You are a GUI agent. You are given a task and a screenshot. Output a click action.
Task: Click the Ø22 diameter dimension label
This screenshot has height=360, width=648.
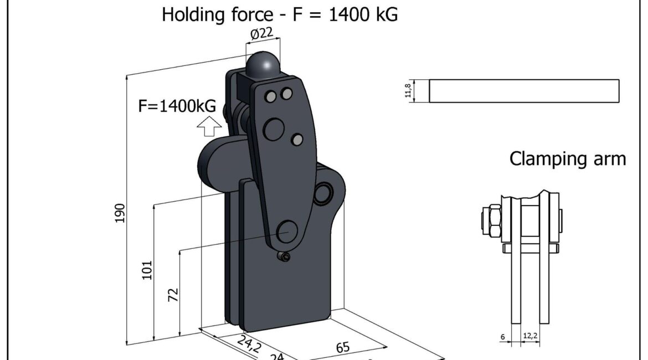pos(262,33)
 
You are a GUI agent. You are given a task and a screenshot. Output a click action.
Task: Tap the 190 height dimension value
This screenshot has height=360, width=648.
pos(120,213)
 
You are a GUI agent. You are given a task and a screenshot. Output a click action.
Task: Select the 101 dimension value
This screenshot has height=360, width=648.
pos(147,270)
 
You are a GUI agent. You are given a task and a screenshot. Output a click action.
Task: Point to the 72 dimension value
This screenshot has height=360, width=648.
pos(173,295)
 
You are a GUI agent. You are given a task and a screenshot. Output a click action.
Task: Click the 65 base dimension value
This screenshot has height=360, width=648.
pos(343,347)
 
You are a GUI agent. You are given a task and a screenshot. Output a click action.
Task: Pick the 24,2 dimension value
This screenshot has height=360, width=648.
pos(249,343)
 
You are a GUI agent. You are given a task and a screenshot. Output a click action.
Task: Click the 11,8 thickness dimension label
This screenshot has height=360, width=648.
pos(408,90)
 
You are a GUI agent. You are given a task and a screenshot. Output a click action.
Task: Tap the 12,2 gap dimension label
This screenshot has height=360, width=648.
pos(530,336)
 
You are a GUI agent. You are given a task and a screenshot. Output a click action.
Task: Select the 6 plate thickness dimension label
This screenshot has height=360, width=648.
pos(502,337)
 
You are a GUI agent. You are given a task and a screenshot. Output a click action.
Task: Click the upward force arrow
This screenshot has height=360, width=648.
pos(209,126)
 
